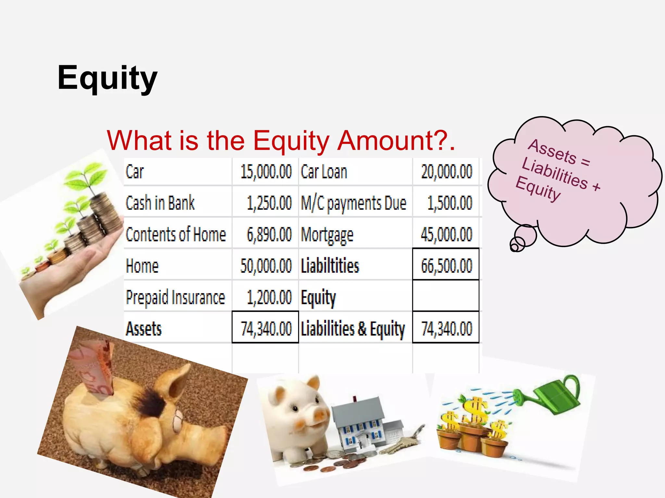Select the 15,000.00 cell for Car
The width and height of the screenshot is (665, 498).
click(266, 172)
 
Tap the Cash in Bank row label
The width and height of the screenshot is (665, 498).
click(160, 203)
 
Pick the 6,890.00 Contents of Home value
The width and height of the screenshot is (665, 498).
click(269, 234)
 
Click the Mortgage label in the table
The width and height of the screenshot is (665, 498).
click(327, 235)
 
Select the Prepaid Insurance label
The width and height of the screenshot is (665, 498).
click(175, 297)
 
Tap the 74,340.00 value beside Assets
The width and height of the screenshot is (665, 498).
click(266, 328)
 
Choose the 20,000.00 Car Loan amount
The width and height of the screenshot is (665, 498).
click(446, 172)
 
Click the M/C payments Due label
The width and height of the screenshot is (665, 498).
click(354, 203)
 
